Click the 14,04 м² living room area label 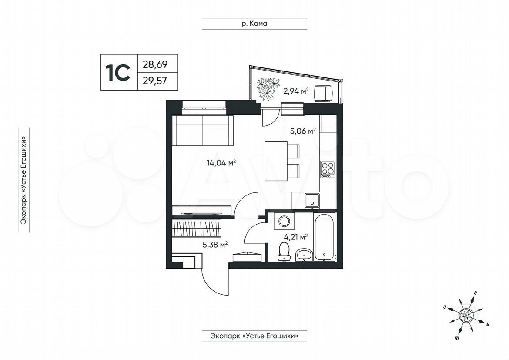pos(221,163)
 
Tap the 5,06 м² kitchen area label pos(303,131)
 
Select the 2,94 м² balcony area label pos(296,91)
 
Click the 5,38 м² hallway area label pos(215,244)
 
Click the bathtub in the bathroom pos(324,236)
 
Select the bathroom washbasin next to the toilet pos(304,254)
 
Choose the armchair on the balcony pos(324,93)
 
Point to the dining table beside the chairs pos(276,161)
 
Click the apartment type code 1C pos(117,72)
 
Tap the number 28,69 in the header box pos(155,64)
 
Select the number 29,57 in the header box pos(155,80)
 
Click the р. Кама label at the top pos(254,24)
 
